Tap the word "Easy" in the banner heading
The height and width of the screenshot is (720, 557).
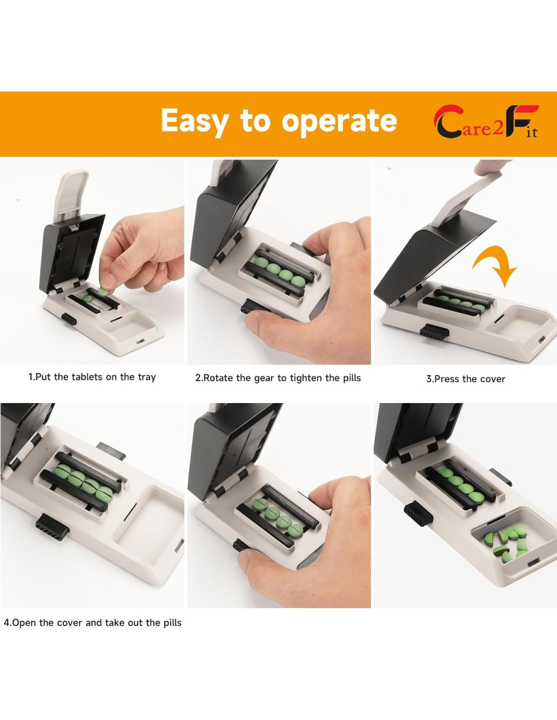click(x=194, y=122)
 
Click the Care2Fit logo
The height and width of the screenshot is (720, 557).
click(x=486, y=122)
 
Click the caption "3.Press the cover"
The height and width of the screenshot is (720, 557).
click(x=465, y=379)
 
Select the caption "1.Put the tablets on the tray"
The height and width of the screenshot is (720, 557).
click(x=92, y=377)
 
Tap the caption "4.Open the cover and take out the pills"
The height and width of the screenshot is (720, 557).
click(x=93, y=623)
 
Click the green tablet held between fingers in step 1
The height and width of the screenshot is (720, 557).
click(x=103, y=291)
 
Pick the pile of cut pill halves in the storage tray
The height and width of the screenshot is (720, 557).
click(x=506, y=543)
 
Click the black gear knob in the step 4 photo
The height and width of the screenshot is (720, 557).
click(x=52, y=527)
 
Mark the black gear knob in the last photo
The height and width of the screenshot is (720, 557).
click(x=418, y=514)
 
